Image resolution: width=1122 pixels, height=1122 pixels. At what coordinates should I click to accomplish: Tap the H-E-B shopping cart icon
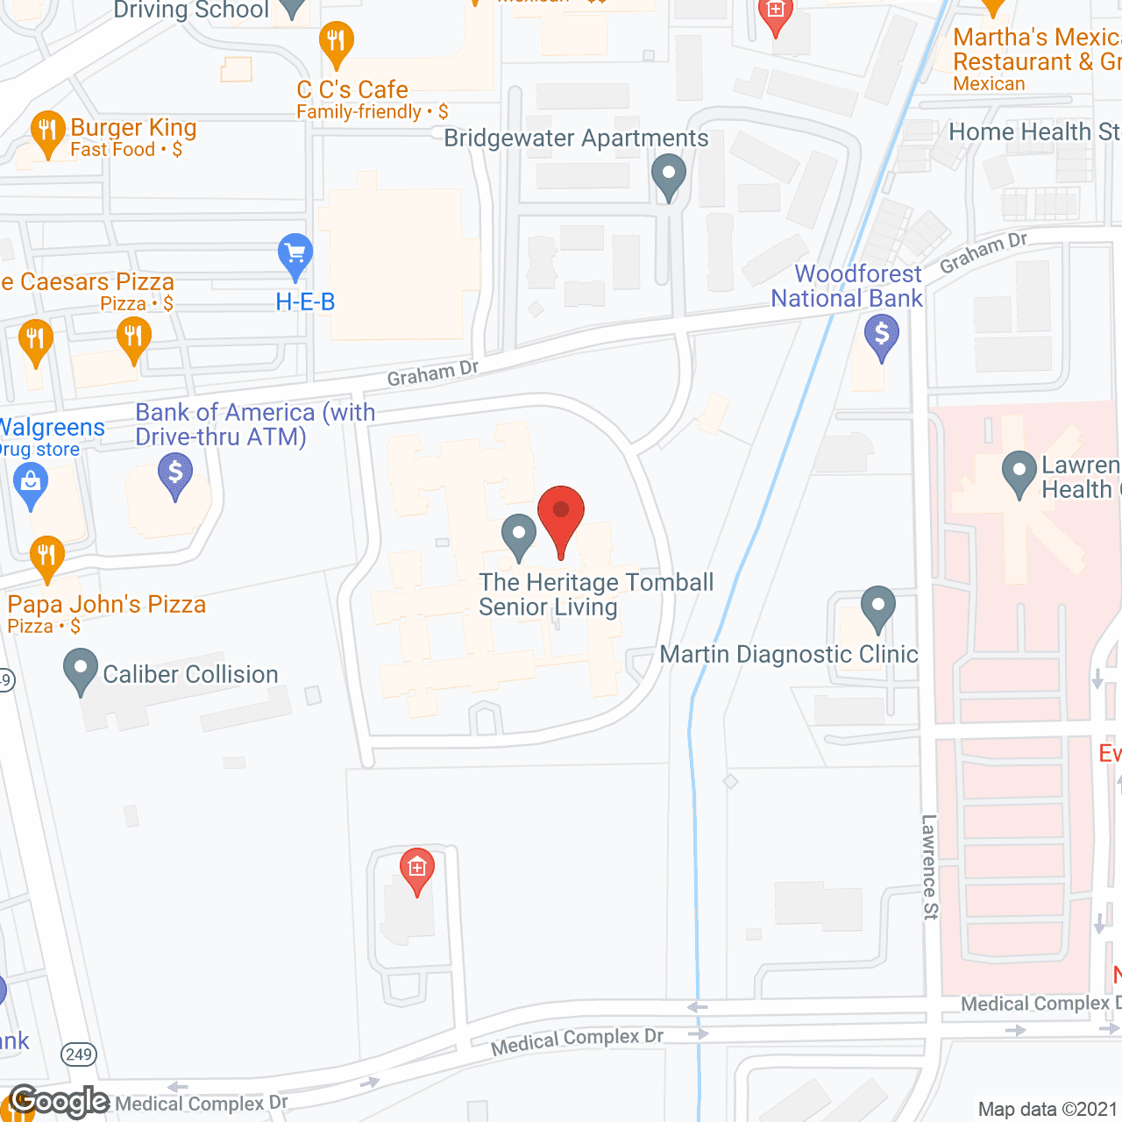(295, 255)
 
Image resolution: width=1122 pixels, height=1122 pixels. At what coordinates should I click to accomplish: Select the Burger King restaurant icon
(47, 132)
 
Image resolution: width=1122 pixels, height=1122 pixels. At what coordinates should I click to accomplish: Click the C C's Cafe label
(352, 89)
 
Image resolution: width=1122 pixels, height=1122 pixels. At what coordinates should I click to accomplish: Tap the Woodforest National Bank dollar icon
(882, 336)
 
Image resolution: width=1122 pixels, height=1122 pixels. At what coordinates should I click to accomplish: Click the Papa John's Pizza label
(107, 605)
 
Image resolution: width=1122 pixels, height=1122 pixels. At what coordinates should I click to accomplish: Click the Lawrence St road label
(930, 867)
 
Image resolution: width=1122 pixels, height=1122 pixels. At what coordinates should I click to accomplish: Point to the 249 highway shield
(79, 1055)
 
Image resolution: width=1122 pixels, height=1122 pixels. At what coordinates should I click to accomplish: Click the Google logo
(60, 1101)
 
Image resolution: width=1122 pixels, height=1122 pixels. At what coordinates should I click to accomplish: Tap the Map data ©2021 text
(1047, 1110)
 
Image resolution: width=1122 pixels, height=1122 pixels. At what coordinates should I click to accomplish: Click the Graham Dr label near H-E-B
(433, 373)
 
